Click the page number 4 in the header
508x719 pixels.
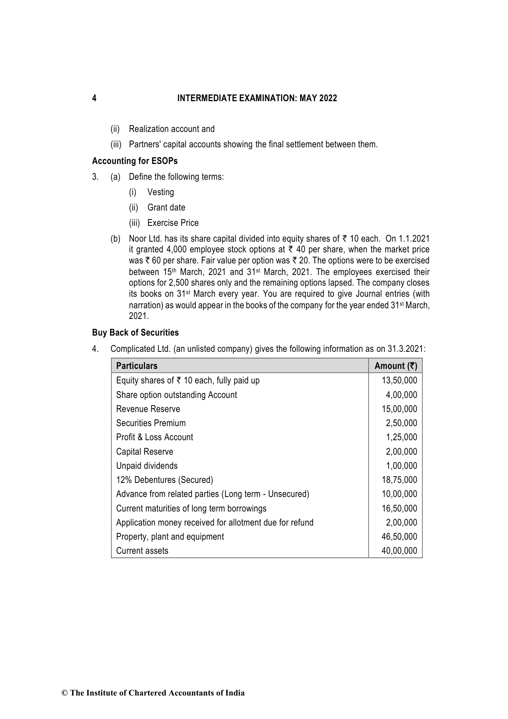(94, 99)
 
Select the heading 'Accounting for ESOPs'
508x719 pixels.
(135, 161)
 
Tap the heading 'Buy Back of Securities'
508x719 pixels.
(135, 333)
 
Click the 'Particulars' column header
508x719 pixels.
(136, 366)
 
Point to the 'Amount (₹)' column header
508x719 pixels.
(395, 366)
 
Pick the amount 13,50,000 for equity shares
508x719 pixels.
(399, 380)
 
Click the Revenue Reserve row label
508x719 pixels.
(148, 409)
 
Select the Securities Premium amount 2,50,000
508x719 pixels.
(401, 423)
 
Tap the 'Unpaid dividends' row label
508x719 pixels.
(147, 466)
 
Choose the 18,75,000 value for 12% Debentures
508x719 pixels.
(399, 480)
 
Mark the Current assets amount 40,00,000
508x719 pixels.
(399, 551)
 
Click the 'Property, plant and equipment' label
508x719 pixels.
(170, 537)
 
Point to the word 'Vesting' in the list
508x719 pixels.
(161, 192)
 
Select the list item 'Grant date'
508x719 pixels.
(166, 208)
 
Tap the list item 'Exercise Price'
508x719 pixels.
(173, 223)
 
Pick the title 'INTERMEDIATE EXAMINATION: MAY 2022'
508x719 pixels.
(257, 99)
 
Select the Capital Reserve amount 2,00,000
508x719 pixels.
(401, 452)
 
